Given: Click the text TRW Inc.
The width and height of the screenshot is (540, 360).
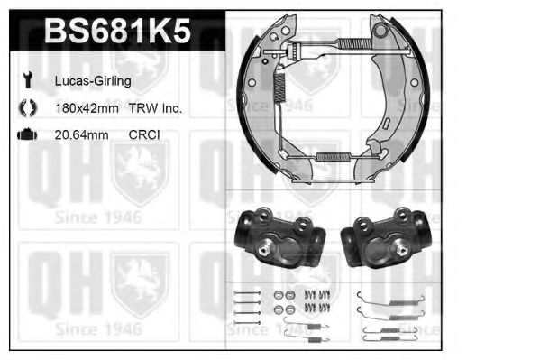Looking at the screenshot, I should [x=154, y=108].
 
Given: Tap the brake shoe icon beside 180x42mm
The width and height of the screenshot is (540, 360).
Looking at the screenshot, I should [x=27, y=108].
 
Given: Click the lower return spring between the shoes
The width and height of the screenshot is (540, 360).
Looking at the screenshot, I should [x=334, y=157].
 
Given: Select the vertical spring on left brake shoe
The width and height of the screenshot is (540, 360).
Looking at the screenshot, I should [x=279, y=86].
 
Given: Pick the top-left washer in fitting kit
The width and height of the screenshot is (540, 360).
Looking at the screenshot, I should [x=279, y=294].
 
